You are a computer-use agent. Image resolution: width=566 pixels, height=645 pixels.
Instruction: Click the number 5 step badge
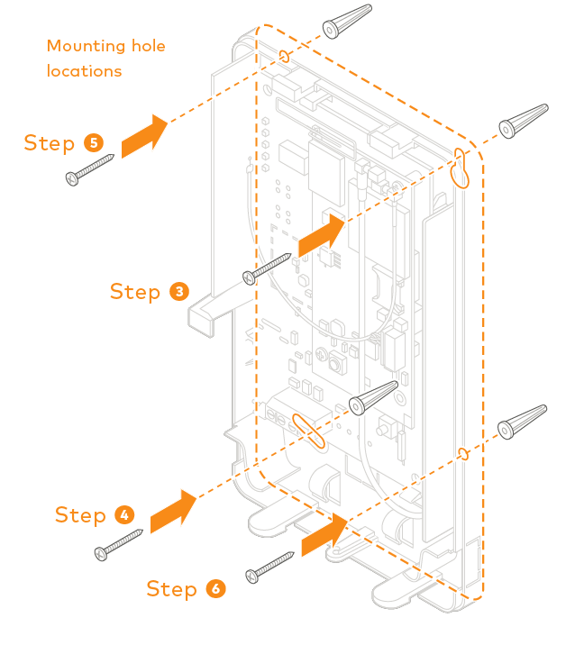(x=94, y=142)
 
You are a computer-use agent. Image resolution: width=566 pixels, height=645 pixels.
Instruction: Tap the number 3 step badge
(x=179, y=291)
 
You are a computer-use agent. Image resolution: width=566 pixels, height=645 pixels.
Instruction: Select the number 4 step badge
(x=124, y=514)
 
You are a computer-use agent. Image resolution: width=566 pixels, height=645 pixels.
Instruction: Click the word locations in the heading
(x=84, y=70)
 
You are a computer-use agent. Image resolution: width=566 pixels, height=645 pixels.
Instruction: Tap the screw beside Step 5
(x=90, y=169)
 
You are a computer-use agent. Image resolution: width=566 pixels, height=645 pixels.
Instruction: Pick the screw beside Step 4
(x=119, y=543)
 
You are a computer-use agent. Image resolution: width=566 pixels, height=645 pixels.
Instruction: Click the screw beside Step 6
(x=270, y=564)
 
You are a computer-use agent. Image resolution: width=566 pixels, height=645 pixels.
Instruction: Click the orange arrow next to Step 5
(x=144, y=136)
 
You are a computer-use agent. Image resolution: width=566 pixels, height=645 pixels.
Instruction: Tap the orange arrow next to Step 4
(x=172, y=512)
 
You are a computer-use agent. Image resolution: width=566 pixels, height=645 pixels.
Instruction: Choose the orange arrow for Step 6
(x=324, y=535)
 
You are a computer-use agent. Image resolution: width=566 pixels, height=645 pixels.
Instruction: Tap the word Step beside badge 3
(x=134, y=291)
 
